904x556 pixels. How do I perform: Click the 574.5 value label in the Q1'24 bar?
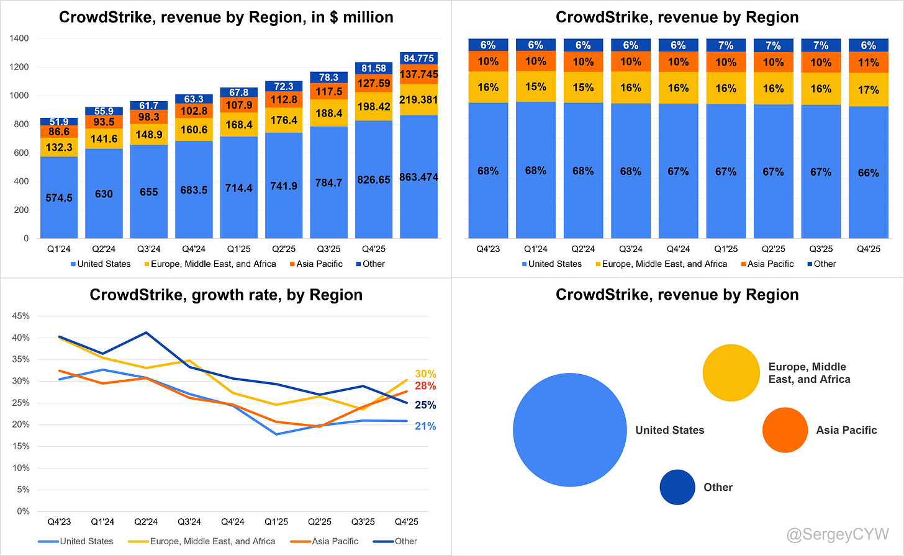[x=59, y=198]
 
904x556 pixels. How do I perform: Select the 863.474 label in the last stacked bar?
[x=418, y=177]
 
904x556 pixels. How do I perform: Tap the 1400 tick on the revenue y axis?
[x=20, y=38]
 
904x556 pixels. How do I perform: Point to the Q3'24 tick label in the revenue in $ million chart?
[x=148, y=249]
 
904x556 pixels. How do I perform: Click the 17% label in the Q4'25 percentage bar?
[x=868, y=90]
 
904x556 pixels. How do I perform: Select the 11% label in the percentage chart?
[x=868, y=63]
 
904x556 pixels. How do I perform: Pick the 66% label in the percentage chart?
[x=868, y=173]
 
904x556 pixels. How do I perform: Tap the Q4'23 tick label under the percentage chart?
[x=487, y=249]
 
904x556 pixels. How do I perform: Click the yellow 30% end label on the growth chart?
[x=425, y=374]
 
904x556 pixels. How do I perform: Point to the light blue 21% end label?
[x=425, y=426]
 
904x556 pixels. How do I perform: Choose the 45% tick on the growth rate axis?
[x=20, y=316]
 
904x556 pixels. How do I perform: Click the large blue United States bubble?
[x=569, y=429]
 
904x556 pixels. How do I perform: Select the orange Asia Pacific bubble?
[x=785, y=430]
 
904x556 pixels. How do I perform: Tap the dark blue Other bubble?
[x=677, y=487]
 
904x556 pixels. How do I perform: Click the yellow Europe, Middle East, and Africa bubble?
[x=731, y=373]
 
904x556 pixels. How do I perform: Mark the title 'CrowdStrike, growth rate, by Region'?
[x=226, y=295]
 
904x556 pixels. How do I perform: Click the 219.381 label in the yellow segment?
[x=418, y=100]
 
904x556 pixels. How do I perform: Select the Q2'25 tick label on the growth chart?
[x=320, y=522]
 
